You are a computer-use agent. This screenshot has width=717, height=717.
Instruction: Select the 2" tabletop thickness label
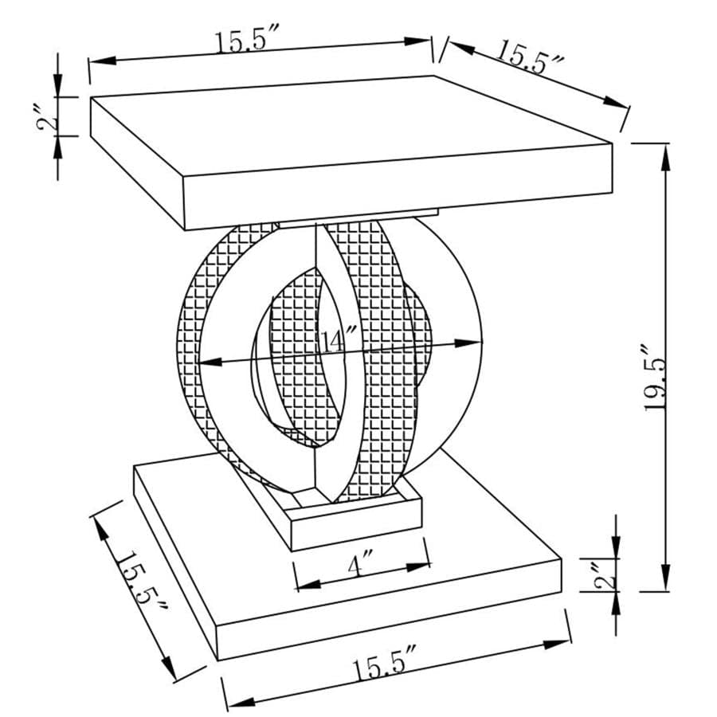pyautogui.click(x=49, y=118)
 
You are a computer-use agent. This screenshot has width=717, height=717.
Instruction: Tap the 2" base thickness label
pyautogui.click(x=610, y=575)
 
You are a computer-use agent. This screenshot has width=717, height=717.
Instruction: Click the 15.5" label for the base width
pyautogui.click(x=386, y=666)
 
